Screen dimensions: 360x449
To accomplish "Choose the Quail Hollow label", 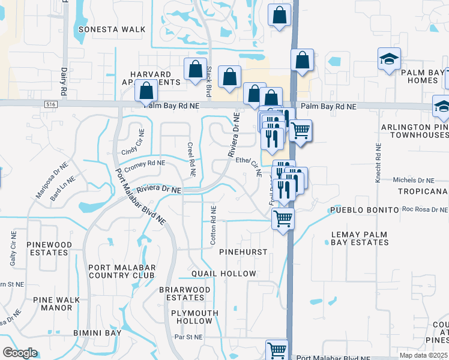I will pyautogui.click(x=224, y=274).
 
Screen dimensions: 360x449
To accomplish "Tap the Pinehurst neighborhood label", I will pyautogui.click(x=243, y=252).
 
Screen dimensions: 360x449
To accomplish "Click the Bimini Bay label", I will pyautogui.click(x=98, y=332).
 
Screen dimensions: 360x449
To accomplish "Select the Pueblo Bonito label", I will pyautogui.click(x=363, y=211).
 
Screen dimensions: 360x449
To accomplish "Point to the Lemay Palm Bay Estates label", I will pyautogui.click(x=360, y=238).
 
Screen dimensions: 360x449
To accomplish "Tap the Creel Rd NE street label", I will pyautogui.click(x=191, y=159).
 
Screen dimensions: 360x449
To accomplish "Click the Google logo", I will pyautogui.click(x=20, y=353).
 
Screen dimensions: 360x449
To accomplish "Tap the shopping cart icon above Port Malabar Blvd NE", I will pyautogui.click(x=277, y=349).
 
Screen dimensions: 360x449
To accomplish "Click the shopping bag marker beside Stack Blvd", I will pyautogui.click(x=195, y=70).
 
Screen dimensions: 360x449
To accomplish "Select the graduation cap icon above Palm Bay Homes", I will pyautogui.click(x=389, y=59).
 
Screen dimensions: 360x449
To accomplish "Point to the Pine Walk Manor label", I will pyautogui.click(x=53, y=304).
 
